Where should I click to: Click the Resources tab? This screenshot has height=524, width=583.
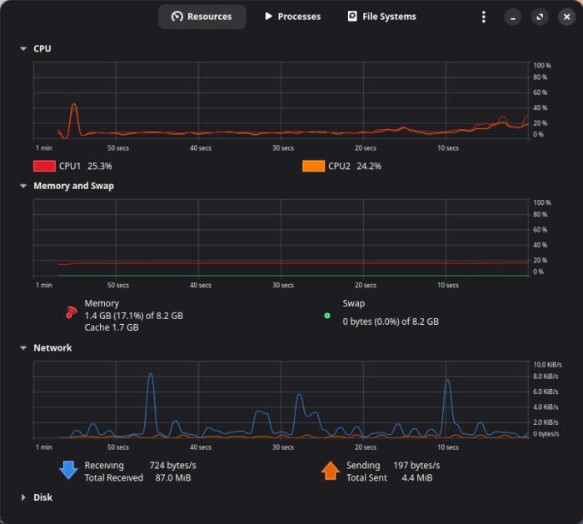(202, 17)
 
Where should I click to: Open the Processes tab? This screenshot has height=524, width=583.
(292, 17)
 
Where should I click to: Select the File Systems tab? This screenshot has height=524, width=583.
(381, 17)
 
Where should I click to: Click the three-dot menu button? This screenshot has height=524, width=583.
(484, 17)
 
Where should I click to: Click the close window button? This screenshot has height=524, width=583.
(565, 17)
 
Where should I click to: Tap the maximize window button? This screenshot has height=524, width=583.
(539, 17)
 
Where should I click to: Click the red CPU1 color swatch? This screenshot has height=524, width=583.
(44, 166)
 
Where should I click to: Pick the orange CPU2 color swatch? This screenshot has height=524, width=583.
(313, 166)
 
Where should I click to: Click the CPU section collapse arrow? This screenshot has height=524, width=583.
(23, 49)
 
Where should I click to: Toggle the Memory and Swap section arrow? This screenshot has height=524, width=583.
(23, 187)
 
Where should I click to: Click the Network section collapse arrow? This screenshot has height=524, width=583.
(23, 348)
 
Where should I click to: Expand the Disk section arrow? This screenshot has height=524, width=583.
(23, 497)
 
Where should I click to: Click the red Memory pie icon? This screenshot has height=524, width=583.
(71, 312)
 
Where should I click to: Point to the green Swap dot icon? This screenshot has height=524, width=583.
(327, 316)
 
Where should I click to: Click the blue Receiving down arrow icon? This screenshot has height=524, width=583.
(67, 471)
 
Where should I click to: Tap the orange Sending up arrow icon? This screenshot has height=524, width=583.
(330, 471)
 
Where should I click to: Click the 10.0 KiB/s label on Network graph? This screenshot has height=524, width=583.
(547, 365)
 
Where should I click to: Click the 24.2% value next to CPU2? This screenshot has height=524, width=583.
(369, 166)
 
